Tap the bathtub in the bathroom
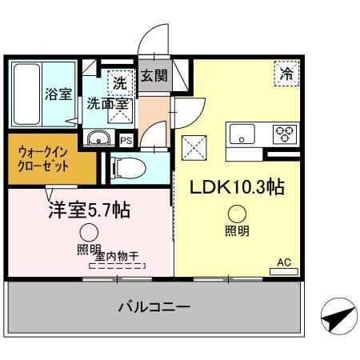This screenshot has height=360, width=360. pos(26,94)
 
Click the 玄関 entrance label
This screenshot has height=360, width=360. pos(154,77)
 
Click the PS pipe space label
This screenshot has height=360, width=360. pos(126,140)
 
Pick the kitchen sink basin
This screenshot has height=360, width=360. pos(241,134)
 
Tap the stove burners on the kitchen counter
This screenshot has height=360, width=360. pos(284,133)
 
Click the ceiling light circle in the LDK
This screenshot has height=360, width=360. pos(236,214)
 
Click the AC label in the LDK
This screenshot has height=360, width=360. pos(283,262)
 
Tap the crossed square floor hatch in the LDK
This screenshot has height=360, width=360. pos(194,147)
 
